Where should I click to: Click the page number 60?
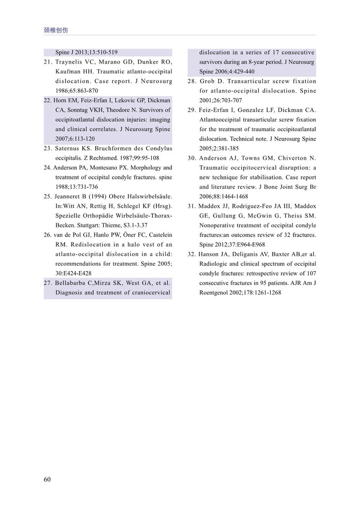point(47,479)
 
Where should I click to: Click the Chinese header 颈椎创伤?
point(56,30)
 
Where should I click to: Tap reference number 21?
point(48,62)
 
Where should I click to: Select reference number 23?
point(48,148)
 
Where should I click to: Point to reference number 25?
point(48,197)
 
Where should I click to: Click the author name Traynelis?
point(72,62)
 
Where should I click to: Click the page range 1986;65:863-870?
point(77,91)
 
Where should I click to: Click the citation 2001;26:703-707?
point(224,101)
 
